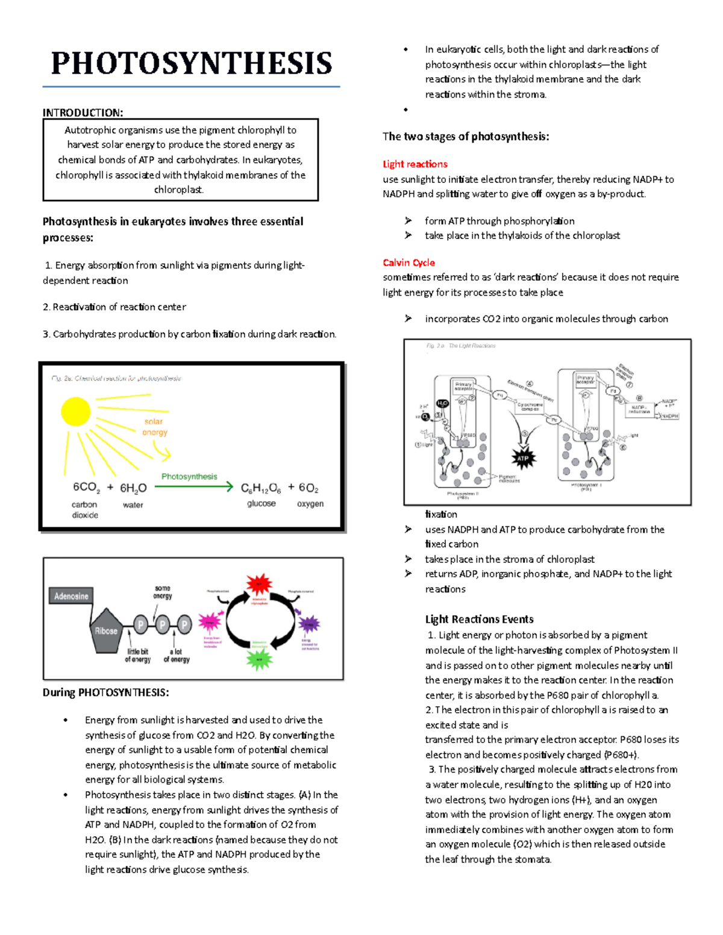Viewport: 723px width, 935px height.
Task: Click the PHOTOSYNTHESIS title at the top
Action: click(192, 63)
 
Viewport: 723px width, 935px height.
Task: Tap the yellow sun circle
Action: click(76, 412)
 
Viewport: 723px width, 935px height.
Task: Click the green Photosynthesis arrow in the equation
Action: click(193, 486)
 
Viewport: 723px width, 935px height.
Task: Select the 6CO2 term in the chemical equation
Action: click(86, 488)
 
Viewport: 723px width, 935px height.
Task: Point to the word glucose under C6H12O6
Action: click(261, 503)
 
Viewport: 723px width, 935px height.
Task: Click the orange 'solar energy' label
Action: click(154, 427)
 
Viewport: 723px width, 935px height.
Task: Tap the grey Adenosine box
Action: click(71, 596)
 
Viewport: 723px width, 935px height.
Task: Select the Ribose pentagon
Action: click(106, 630)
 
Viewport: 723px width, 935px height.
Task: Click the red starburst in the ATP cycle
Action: click(259, 585)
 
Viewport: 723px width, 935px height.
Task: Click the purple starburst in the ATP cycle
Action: click(310, 624)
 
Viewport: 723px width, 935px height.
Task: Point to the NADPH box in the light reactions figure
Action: click(669, 416)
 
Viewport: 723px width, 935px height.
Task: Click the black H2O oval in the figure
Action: click(442, 404)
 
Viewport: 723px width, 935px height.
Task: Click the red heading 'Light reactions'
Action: click(415, 164)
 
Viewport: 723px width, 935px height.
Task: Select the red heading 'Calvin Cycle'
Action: click(408, 262)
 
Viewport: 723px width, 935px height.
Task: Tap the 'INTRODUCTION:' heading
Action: click(83, 113)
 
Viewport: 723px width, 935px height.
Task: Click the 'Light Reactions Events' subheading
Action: click(479, 619)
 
